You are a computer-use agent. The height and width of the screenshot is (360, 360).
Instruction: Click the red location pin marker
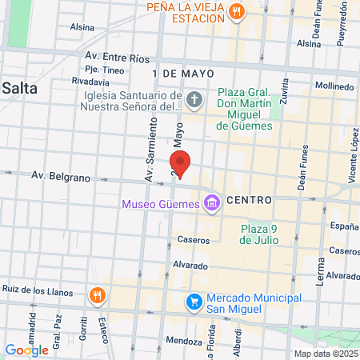181,163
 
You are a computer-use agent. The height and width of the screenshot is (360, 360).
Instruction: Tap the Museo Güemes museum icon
211,204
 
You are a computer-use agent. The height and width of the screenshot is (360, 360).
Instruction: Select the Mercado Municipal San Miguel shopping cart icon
194,302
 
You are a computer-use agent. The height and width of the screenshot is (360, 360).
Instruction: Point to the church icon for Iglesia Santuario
197,100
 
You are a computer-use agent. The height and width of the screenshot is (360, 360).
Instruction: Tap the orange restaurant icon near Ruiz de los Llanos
97,295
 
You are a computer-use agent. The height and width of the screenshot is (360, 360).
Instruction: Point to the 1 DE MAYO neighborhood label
174,73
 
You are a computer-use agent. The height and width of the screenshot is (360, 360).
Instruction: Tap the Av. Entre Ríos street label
117,58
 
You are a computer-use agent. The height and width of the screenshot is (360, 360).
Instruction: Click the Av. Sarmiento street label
148,156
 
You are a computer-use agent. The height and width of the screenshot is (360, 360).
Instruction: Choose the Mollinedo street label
334,84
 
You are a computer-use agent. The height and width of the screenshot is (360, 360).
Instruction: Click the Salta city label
19,89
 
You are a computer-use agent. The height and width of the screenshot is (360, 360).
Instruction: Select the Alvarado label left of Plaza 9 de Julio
191,266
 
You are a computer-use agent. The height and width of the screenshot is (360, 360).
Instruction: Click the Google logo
26,350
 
